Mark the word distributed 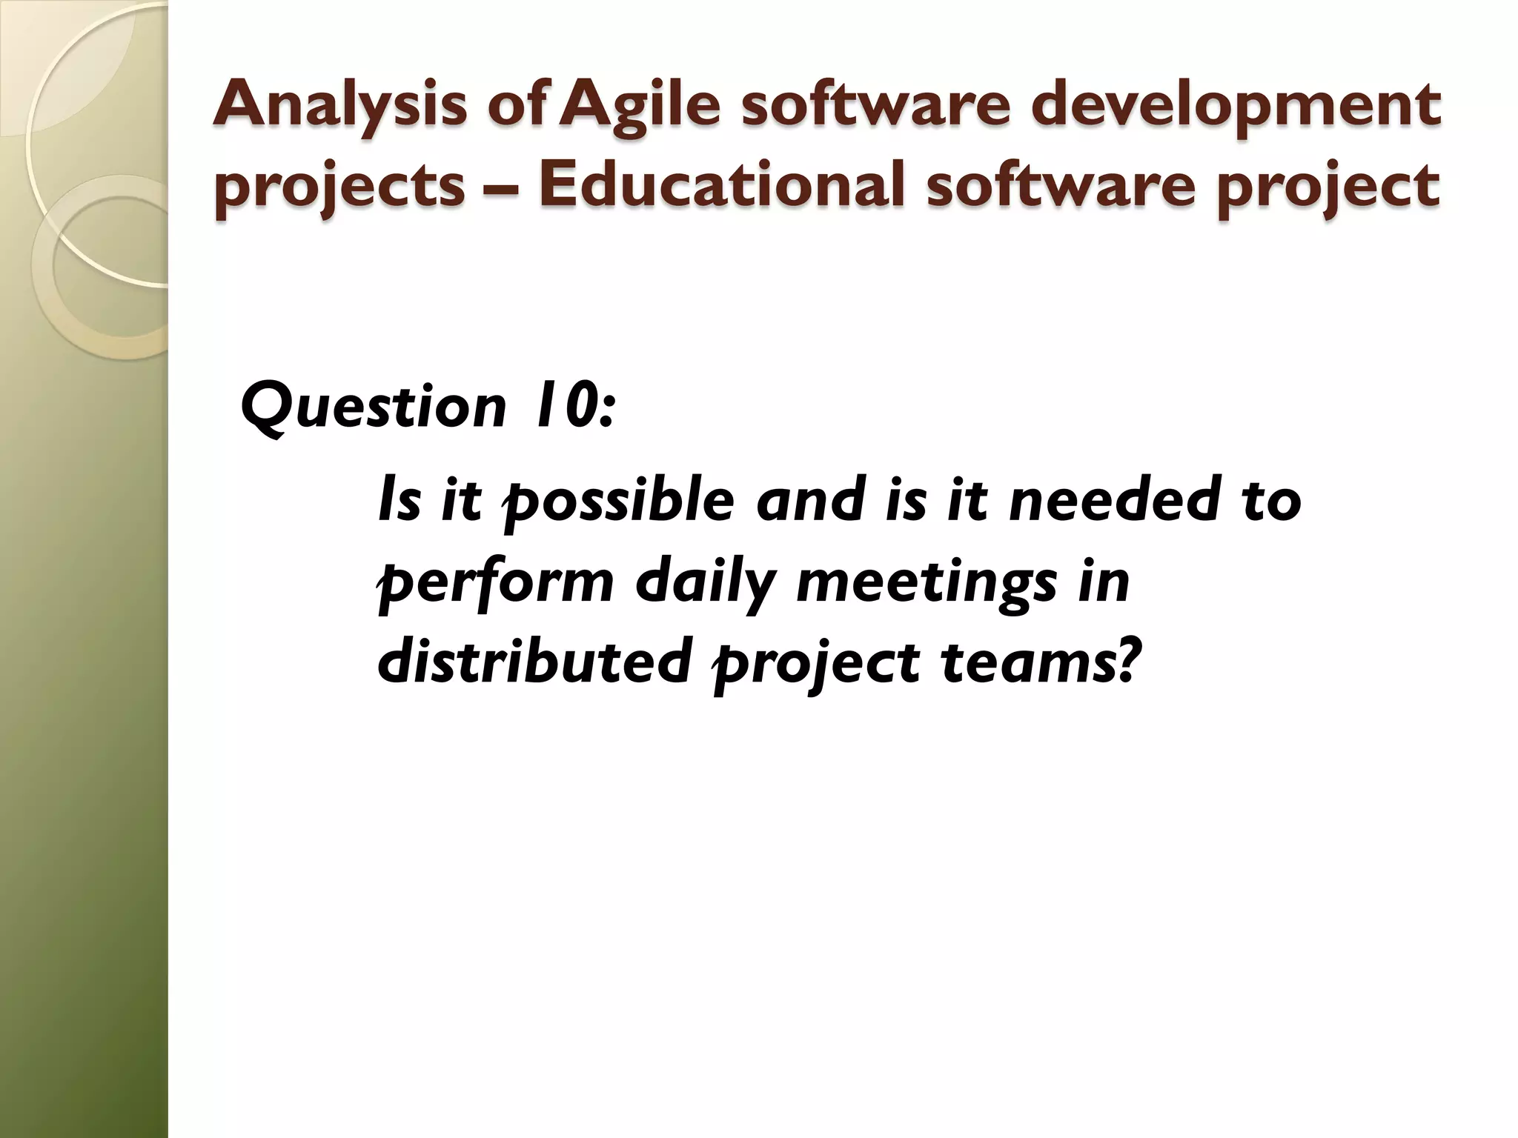point(529,662)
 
